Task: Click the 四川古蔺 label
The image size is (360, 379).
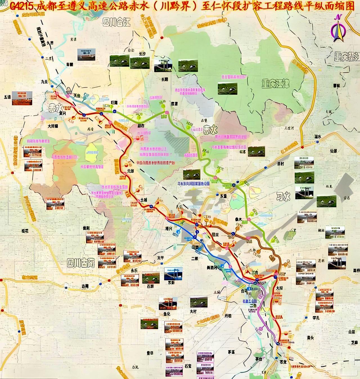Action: click(81, 263)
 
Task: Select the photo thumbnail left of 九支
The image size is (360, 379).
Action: click(21, 98)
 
